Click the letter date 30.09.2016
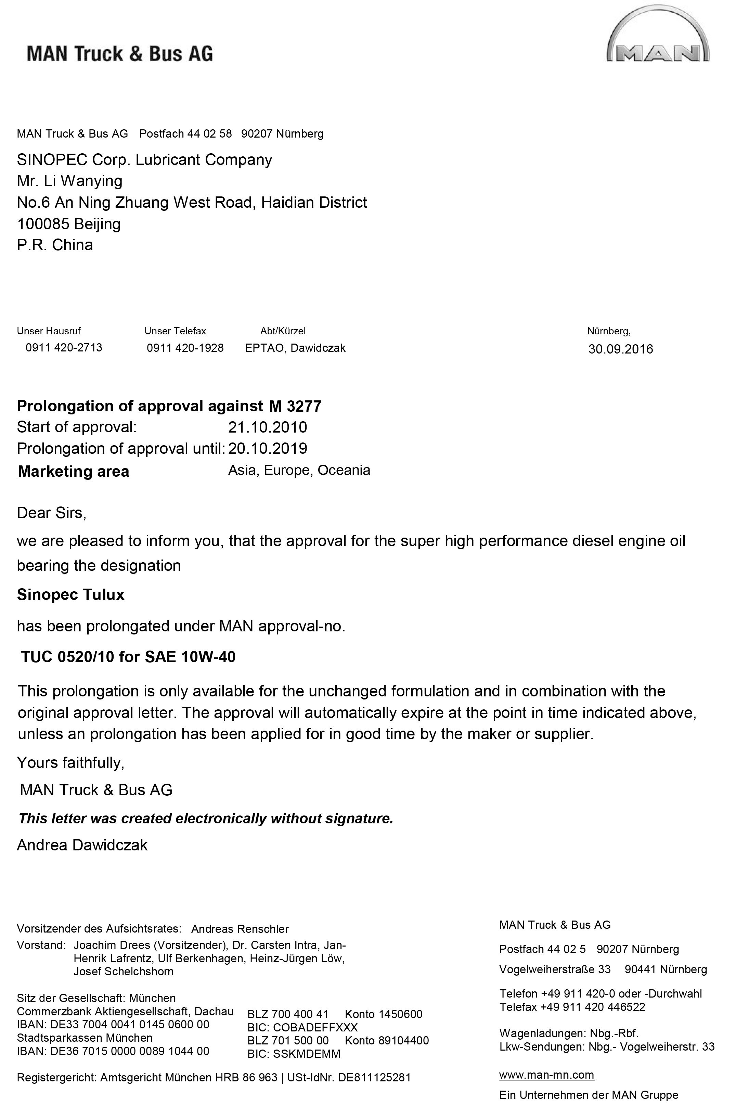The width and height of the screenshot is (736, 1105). click(621, 349)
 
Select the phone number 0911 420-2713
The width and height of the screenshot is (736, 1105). click(64, 348)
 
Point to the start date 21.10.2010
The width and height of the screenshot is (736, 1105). click(268, 427)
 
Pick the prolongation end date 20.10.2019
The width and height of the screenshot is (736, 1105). click(268, 448)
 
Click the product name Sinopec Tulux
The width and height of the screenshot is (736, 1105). click(71, 595)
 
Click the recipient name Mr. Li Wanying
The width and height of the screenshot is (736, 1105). click(69, 181)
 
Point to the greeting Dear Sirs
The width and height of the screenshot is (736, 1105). click(52, 513)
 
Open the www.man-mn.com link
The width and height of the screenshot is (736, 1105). click(546, 1075)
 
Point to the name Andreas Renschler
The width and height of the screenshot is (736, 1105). click(240, 929)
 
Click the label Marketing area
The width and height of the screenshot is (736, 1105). click(73, 471)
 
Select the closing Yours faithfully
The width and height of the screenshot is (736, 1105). click(70, 762)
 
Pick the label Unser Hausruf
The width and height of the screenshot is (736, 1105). click(49, 331)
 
